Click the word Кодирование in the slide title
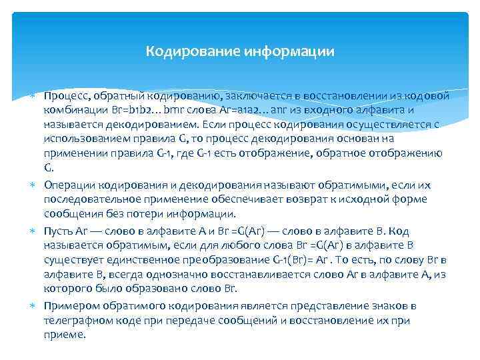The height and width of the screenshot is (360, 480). [x=192, y=51]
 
